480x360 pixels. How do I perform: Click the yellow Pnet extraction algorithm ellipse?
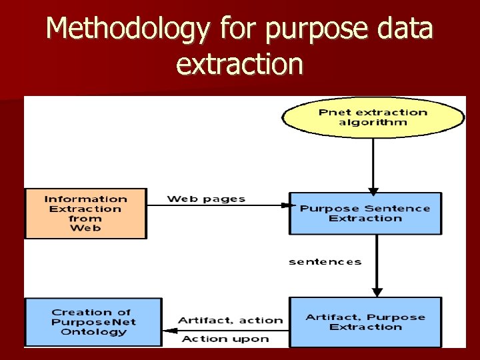[373, 117]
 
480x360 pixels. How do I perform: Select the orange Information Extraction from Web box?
[85, 213]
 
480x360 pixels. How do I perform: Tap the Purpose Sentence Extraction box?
[365, 213]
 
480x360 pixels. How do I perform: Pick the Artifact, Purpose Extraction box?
[365, 322]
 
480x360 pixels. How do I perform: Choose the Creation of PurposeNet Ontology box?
[93, 322]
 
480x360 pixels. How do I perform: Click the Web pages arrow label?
[206, 199]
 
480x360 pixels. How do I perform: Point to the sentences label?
[325, 261]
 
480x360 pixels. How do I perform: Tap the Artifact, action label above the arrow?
[231, 320]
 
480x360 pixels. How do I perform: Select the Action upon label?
[225, 339]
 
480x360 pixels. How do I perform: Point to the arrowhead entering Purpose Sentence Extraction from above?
[373, 189]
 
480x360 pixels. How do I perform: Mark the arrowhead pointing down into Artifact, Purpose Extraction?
[377, 292]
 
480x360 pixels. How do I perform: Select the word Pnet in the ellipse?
[334, 112]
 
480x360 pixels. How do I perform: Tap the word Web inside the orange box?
[85, 228]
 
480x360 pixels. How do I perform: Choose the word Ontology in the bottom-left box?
[93, 331]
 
